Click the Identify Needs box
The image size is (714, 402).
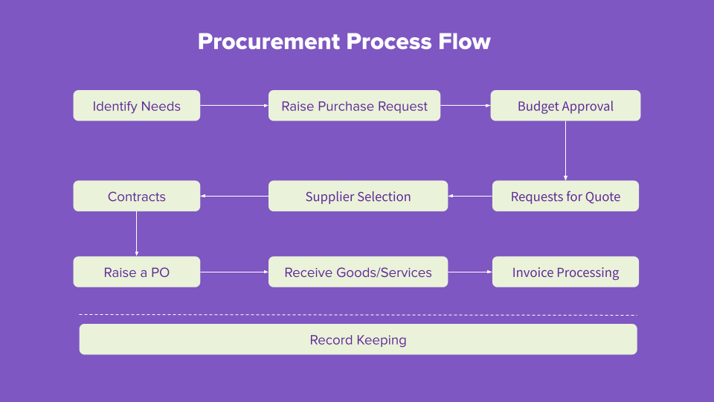coord(136,106)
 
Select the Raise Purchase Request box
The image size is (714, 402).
coord(354,106)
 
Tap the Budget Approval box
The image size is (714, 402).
coord(565,106)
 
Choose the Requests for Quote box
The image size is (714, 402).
coord(565,197)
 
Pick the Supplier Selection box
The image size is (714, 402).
coord(358,197)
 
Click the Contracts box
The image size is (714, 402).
coord(136,197)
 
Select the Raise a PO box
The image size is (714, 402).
coord(136,272)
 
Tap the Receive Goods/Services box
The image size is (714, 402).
coord(358,272)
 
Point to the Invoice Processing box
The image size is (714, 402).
coord(565,272)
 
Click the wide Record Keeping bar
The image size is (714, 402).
coord(358,339)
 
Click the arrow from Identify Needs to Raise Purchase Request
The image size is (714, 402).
coord(234,106)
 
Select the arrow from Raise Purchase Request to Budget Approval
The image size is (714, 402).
coord(465,106)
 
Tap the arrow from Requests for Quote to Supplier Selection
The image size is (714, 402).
coord(470,197)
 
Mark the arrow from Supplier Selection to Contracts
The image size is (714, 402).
coord(234,197)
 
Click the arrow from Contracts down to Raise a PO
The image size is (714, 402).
coord(136,234)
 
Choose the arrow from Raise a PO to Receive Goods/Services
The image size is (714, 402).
coord(234,272)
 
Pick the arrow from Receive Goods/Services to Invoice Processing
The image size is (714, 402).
coord(470,272)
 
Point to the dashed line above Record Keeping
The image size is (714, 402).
coord(358,315)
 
